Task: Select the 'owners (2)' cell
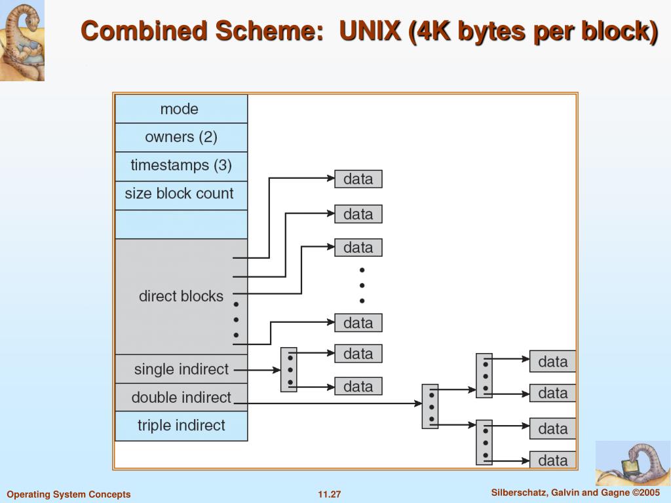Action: [181, 138]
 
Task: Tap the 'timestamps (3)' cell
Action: [181, 165]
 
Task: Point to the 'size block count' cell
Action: [180, 194]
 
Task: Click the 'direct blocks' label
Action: [181, 296]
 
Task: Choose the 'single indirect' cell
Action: [181, 369]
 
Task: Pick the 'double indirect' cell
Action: [181, 398]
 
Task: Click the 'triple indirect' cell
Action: [181, 426]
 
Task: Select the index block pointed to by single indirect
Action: [289, 369]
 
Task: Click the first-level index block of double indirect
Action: [430, 406]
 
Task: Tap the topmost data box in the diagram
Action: [358, 179]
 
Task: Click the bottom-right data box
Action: [552, 460]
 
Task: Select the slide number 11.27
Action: [330, 494]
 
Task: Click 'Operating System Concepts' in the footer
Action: [69, 494]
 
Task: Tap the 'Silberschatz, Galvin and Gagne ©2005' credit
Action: [575, 493]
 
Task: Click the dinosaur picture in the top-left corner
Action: [22, 41]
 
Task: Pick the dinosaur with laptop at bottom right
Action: [632, 463]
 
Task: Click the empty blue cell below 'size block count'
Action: [181, 224]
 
